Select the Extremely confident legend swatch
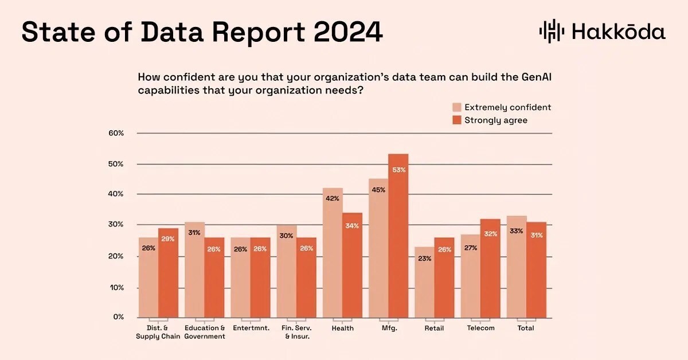tap(456, 107)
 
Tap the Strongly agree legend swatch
tap(456, 120)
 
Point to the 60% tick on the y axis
tap(116, 134)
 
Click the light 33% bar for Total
tap(516, 267)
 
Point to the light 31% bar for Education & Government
tap(194, 269)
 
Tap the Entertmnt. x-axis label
tap(251, 328)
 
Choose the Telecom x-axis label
tap(480, 328)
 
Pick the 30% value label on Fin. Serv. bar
tap(286, 236)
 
